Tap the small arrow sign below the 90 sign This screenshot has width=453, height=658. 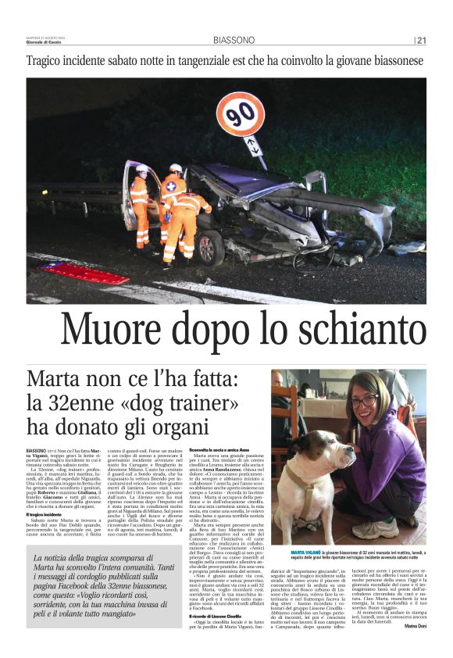pos(255,146)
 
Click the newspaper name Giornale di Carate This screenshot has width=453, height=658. pos(46,42)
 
